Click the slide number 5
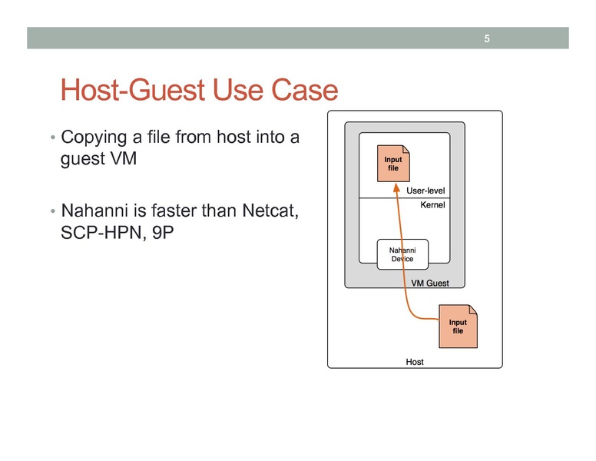(x=487, y=38)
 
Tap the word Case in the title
(x=306, y=91)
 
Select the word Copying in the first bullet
(x=93, y=138)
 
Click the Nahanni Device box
(x=402, y=254)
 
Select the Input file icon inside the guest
(x=392, y=164)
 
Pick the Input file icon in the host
(x=458, y=326)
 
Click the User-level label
(x=425, y=191)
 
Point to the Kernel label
(x=432, y=206)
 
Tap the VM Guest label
(x=430, y=283)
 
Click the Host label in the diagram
(x=414, y=361)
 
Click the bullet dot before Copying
(x=52, y=140)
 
